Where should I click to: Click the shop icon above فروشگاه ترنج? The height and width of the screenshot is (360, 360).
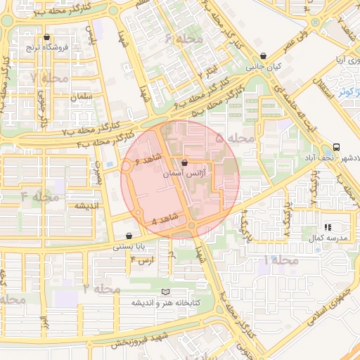point(47,37)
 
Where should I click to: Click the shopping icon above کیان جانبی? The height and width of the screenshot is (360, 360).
point(263,56)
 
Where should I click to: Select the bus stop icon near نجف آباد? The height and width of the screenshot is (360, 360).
point(336,148)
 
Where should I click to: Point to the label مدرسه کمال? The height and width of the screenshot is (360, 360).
point(329,239)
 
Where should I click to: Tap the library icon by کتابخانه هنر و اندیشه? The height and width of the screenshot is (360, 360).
point(166,292)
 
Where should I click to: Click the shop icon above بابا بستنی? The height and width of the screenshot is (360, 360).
point(129,236)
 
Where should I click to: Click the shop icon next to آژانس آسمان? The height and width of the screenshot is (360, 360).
point(184,163)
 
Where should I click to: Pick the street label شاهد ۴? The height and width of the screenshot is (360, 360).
point(159,220)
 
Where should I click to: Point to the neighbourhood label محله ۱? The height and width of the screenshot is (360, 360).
point(281,260)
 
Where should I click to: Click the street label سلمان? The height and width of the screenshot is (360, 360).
point(82,96)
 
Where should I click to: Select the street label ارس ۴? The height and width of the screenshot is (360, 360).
point(142,261)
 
